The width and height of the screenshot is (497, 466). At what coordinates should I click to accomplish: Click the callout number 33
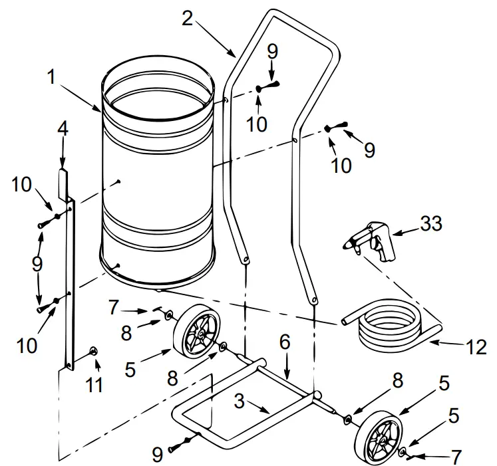(430, 224)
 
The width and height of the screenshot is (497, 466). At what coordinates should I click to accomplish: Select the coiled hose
(389, 328)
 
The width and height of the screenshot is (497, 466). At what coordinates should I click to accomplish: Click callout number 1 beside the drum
(51, 77)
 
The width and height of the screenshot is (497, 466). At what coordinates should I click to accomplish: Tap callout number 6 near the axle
(285, 342)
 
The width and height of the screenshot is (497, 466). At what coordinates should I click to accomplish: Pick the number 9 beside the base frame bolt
(157, 454)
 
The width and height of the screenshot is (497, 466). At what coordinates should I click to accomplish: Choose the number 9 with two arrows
(37, 264)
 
